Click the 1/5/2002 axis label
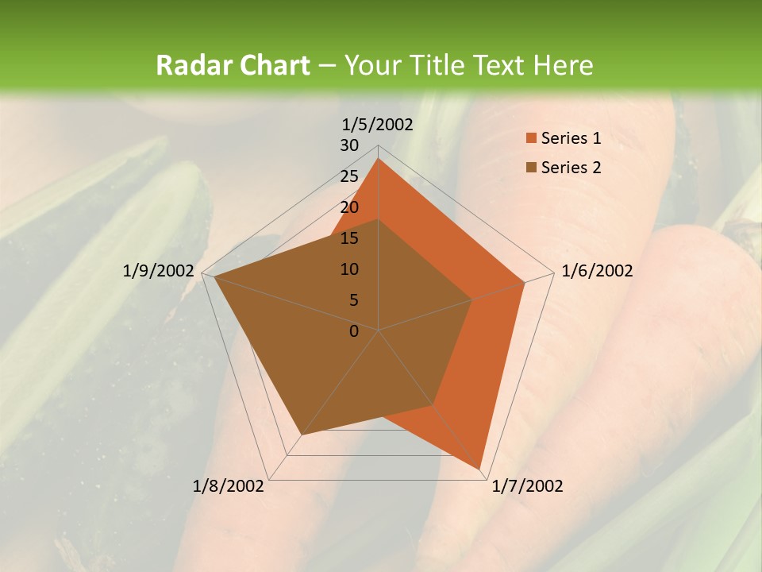[x=378, y=125]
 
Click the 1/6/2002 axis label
[x=597, y=271]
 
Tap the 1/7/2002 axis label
[x=527, y=486]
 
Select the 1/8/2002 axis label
[x=229, y=486]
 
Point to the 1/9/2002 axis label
[x=158, y=271]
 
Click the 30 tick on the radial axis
[x=349, y=145]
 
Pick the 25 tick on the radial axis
[x=349, y=176]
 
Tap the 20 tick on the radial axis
[x=349, y=207]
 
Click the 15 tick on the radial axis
[x=349, y=238]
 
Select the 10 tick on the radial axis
[x=349, y=269]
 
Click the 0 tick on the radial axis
[x=354, y=331]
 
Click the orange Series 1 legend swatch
[x=531, y=139]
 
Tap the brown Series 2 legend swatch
[x=531, y=168]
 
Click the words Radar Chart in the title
[x=233, y=65]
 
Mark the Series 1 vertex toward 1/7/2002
[x=479, y=468]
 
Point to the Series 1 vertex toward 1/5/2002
[x=379, y=159]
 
